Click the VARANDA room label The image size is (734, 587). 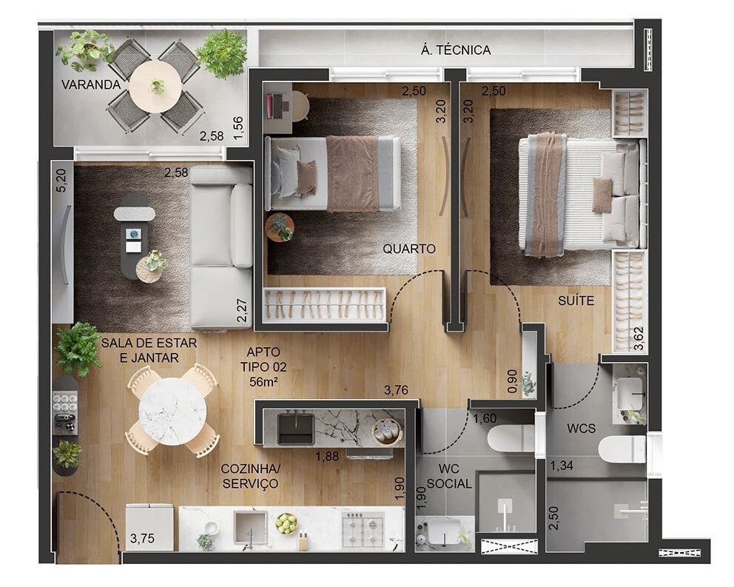(91, 84)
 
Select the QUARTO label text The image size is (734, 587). (409, 249)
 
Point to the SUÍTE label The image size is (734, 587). (576, 301)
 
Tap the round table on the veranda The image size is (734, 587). (155, 86)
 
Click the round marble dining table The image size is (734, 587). (172, 411)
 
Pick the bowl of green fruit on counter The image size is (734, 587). (286, 523)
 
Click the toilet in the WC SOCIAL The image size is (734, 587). (510, 438)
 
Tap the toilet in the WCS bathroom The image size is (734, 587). (622, 449)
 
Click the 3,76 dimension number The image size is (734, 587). (397, 389)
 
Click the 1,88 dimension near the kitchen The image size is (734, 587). (328, 456)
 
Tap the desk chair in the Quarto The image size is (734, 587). (300, 105)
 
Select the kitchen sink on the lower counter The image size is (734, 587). (250, 527)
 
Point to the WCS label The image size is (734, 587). (576, 429)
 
